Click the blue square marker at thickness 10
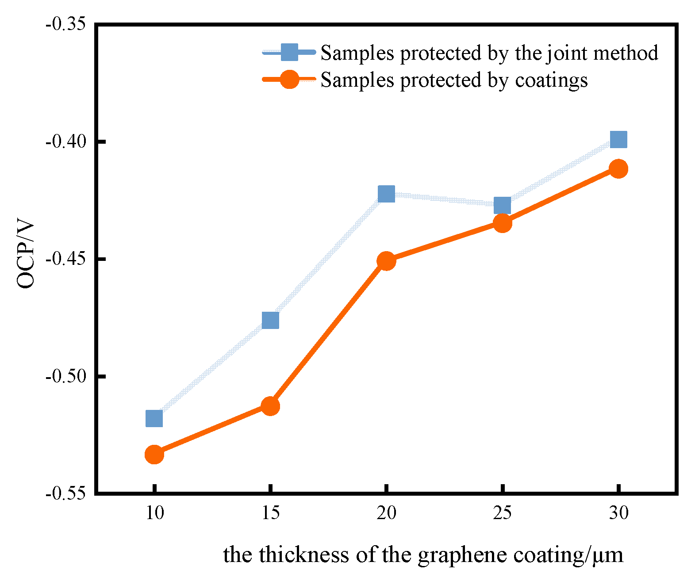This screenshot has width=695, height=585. (154, 418)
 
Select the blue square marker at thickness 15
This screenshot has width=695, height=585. (270, 320)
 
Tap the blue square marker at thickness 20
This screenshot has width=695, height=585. (386, 193)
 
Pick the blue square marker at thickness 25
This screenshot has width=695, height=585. (502, 205)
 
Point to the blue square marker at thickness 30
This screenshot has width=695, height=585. (618, 139)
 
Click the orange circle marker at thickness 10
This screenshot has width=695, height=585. (154, 454)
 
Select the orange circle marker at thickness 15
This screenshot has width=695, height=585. (270, 405)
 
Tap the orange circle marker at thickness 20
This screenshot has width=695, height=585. (386, 261)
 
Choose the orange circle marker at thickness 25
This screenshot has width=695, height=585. (502, 223)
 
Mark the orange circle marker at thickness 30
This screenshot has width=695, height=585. (618, 168)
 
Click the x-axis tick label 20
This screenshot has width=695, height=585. (386, 513)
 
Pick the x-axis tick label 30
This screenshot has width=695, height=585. (618, 513)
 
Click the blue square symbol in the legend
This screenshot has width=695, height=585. (289, 52)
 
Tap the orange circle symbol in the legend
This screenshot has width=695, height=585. (289, 80)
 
